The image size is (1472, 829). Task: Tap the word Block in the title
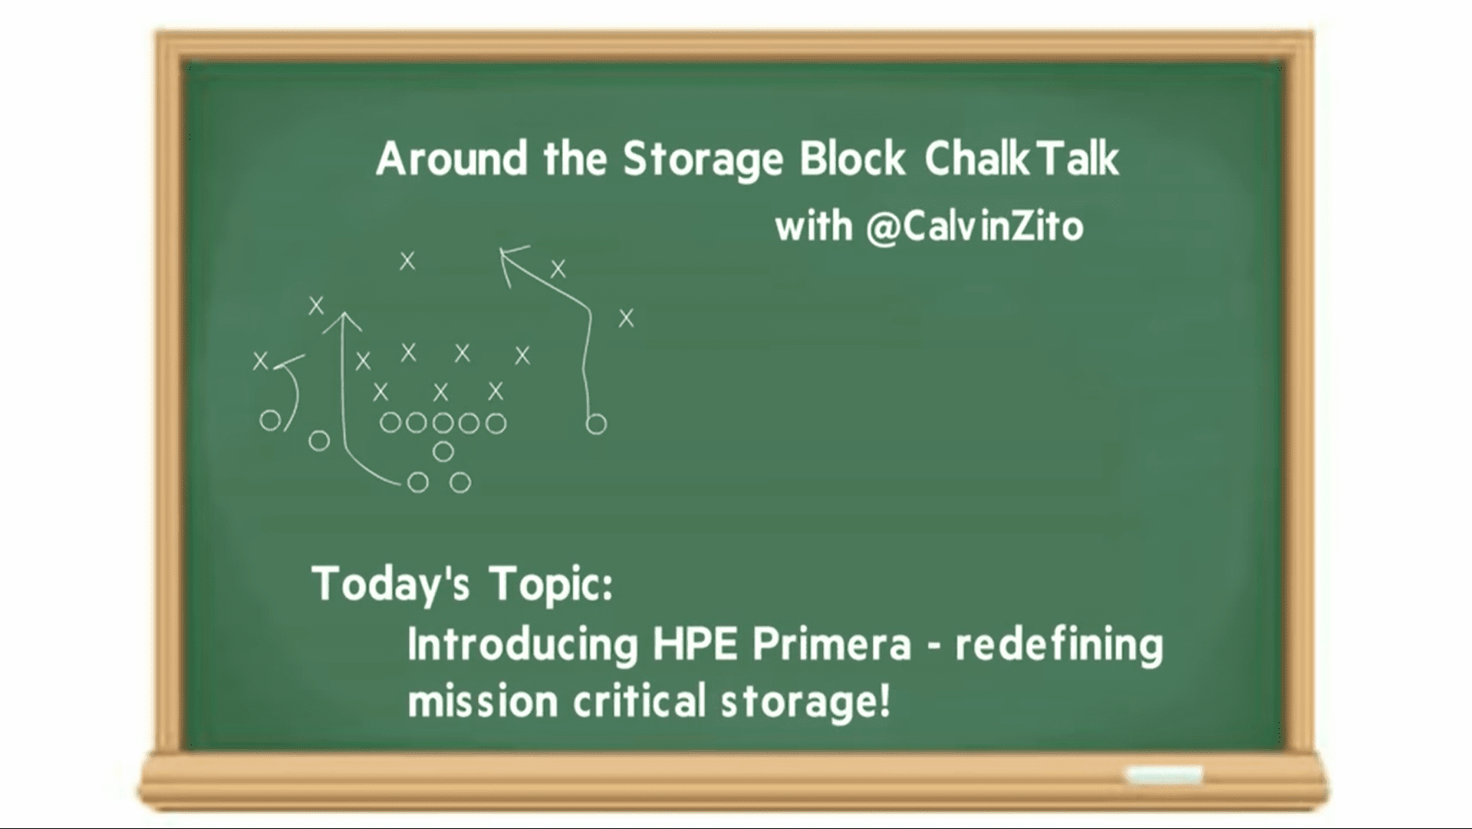coord(852,158)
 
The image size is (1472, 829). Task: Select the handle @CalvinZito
coord(975,227)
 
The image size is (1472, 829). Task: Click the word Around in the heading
coord(453,158)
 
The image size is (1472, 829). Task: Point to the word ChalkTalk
coord(1022,158)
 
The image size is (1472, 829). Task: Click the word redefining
coord(1059,646)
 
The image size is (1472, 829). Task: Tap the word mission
coord(482,702)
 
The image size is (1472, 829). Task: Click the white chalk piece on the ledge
coord(1163,775)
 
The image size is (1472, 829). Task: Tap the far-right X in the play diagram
coord(627,318)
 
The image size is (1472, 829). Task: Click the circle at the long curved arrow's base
coord(418,482)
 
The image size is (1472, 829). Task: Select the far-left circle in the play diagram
coord(270,421)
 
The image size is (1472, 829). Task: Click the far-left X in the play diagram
coord(261,360)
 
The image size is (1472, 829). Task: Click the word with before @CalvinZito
coord(814,226)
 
